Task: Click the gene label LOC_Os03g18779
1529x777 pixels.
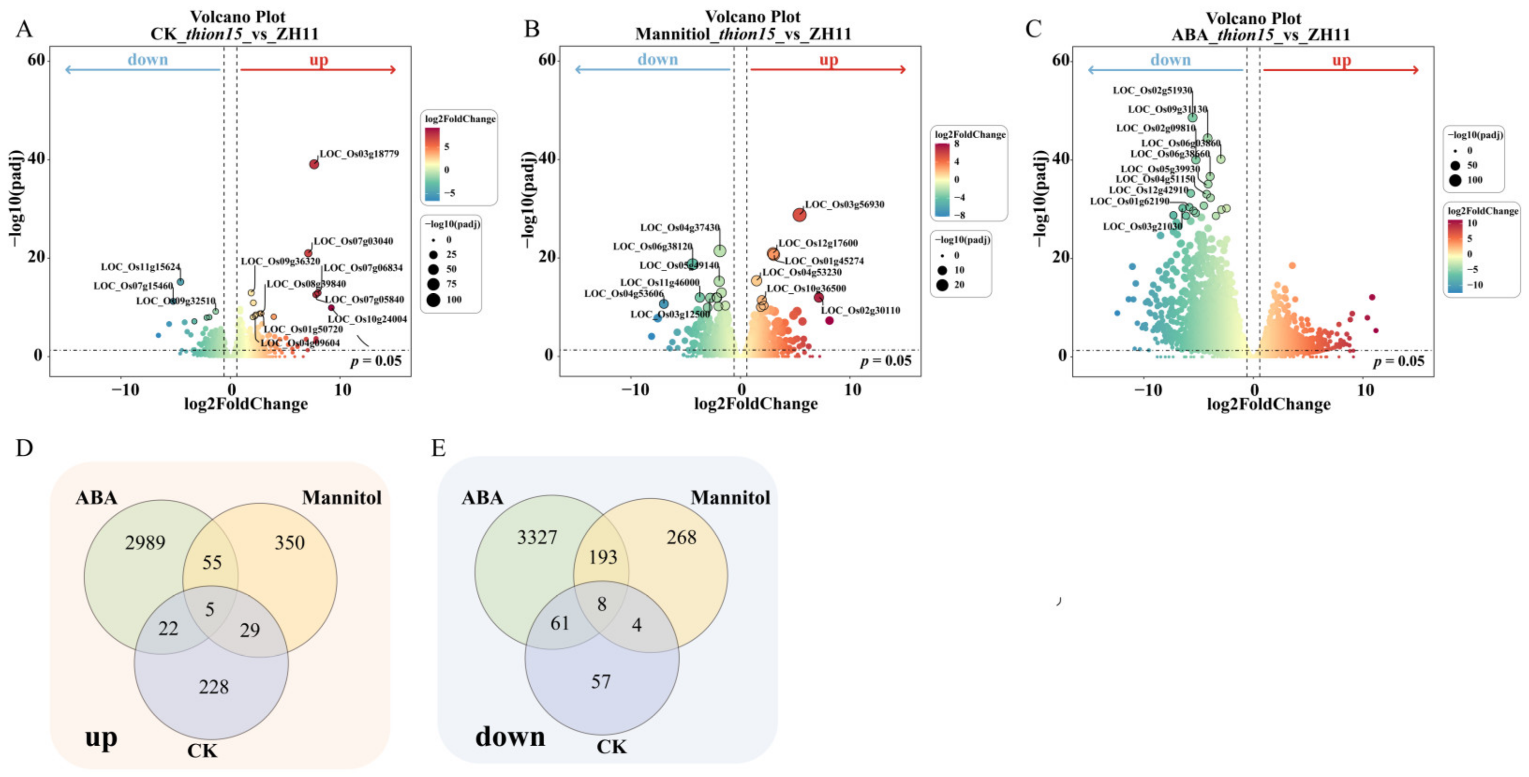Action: [x=359, y=154]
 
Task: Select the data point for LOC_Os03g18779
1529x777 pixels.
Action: [x=314, y=164]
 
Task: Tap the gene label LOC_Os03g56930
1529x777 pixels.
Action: [x=844, y=204]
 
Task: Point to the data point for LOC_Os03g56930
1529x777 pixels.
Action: [x=800, y=215]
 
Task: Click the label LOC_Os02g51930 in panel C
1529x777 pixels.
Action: [x=1152, y=90]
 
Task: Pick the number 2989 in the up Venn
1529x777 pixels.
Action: [x=145, y=542]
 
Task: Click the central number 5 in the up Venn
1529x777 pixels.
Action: [x=209, y=609]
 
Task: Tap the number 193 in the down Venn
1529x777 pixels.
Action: [x=603, y=557]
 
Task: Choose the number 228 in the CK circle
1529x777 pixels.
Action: [x=214, y=687]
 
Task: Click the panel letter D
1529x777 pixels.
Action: [x=24, y=448]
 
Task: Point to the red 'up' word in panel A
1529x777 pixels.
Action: [x=319, y=59]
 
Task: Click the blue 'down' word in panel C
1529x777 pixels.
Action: [x=1171, y=59]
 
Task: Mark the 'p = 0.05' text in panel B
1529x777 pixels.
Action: [x=885, y=361]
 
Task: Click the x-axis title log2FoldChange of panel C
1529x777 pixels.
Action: [x=1269, y=404]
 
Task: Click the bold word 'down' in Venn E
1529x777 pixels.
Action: [x=510, y=737]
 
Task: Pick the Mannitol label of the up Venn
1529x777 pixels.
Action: [x=341, y=497]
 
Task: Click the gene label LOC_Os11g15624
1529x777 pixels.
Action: [x=140, y=267]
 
